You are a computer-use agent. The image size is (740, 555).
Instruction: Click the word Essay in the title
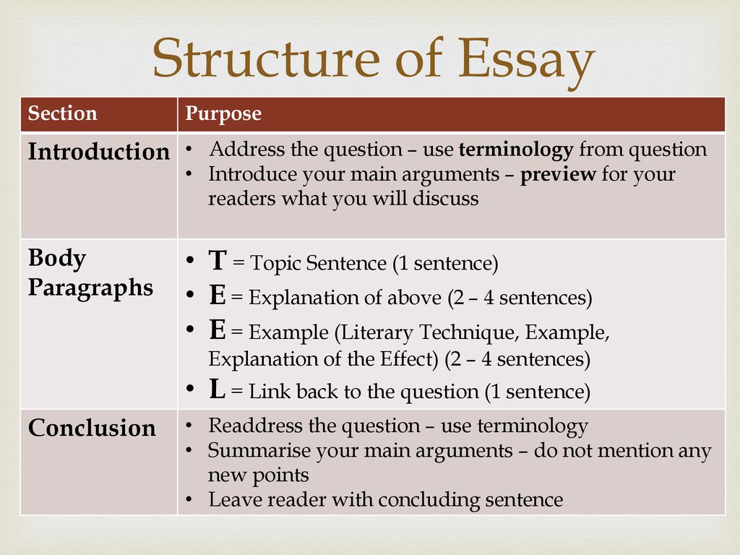526,61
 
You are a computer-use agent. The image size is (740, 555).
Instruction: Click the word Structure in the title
266,58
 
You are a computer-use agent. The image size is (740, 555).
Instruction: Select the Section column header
63,113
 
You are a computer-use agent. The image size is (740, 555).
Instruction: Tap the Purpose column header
223,114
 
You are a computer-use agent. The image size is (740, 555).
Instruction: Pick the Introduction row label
98,152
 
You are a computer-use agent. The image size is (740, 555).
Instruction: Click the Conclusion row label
92,428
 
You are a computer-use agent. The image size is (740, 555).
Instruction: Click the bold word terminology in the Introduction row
516,150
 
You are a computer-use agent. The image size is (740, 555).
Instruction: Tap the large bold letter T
218,260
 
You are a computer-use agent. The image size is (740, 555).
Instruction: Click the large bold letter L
217,389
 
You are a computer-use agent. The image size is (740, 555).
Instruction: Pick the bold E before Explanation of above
217,295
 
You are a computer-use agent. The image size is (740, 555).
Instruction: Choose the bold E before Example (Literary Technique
217,330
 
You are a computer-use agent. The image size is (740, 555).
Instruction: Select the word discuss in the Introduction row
445,198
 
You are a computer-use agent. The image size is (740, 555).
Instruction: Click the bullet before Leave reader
189,499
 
